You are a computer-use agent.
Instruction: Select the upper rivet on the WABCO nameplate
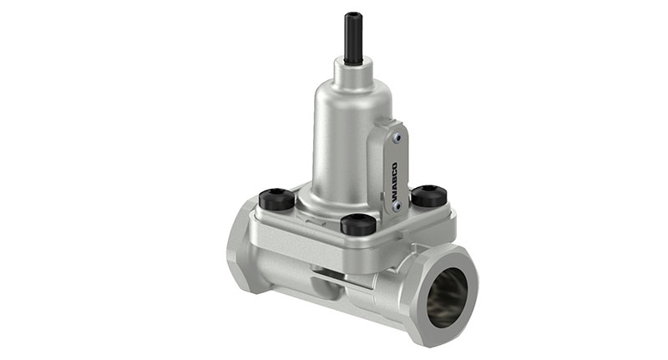click(398, 139)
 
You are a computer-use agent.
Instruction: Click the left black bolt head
click(276, 200)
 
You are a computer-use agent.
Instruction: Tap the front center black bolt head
click(357, 224)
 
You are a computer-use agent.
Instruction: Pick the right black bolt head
click(428, 195)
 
